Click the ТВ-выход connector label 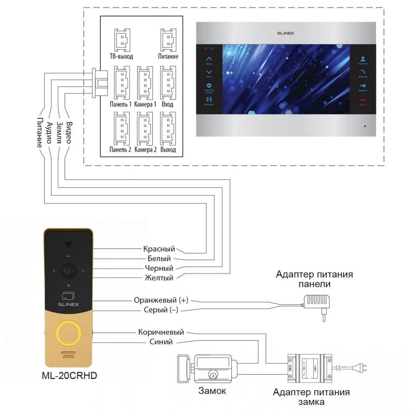point(122,56)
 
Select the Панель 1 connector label point(121,104)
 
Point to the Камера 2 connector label point(145,150)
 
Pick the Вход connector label point(168,104)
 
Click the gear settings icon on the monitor point(209,86)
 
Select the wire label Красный point(159,249)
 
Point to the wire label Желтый point(159,278)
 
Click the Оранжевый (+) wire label point(161,300)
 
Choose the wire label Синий point(162,342)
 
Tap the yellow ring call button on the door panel point(69,332)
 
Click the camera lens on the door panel point(68,270)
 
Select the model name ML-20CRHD point(69,376)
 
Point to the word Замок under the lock point(212,391)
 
